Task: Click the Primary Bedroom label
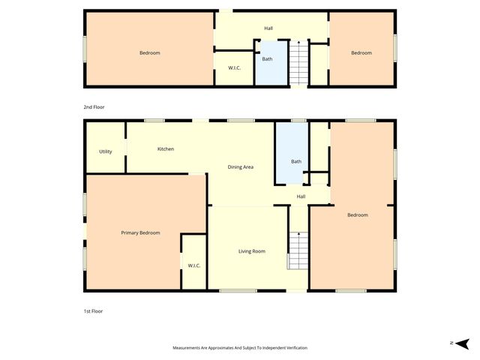click(140, 233)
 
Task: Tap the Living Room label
click(252, 251)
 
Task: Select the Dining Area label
click(240, 166)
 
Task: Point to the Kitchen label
click(166, 149)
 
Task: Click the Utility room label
click(106, 151)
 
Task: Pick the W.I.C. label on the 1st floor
click(193, 265)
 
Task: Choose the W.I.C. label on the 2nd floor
click(234, 68)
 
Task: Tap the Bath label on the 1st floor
click(295, 161)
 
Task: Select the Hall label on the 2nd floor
click(268, 28)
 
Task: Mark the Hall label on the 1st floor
click(301, 196)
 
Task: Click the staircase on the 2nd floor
click(298, 64)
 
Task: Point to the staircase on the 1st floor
click(298, 250)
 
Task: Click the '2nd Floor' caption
click(94, 107)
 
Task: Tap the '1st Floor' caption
click(93, 310)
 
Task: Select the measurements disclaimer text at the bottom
click(240, 348)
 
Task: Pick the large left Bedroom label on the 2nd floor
click(150, 52)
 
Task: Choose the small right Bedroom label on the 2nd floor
click(361, 52)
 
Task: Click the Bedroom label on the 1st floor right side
click(358, 215)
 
